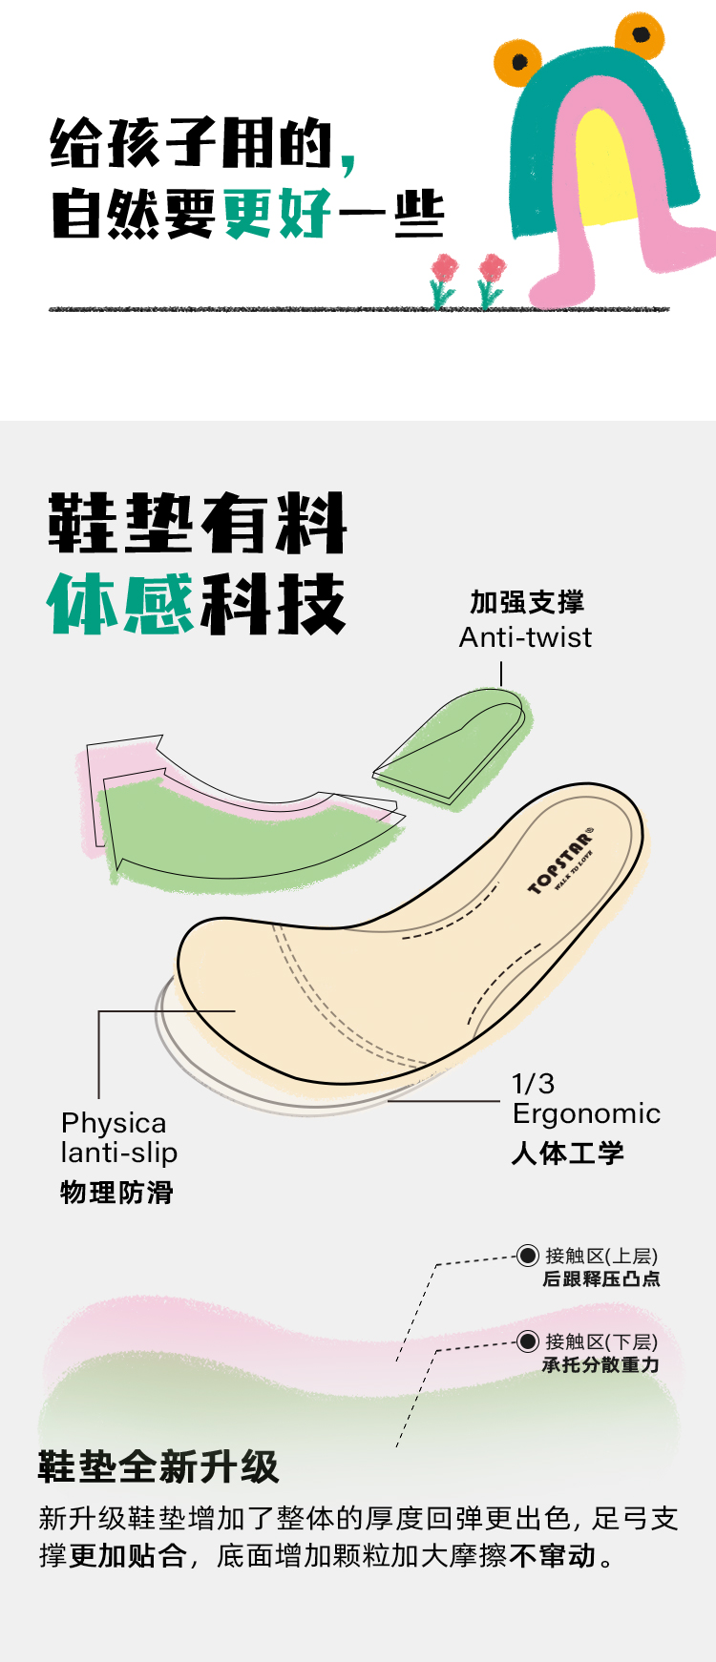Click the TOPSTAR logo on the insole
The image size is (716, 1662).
click(x=561, y=862)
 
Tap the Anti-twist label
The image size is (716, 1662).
click(x=525, y=637)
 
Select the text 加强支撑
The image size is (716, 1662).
click(x=527, y=602)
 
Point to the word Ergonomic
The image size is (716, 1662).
click(x=586, y=1113)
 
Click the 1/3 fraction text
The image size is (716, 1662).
click(x=533, y=1084)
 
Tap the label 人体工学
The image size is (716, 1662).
click(x=568, y=1153)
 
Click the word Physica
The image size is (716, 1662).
click(x=114, y=1123)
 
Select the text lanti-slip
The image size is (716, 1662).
click(x=119, y=1153)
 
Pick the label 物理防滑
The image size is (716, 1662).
click(x=117, y=1193)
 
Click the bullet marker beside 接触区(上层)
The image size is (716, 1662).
click(x=527, y=1256)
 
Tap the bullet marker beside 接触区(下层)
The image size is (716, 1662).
click(x=527, y=1341)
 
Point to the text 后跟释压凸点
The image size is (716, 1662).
click(x=601, y=1279)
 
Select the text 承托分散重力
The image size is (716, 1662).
click(x=601, y=1365)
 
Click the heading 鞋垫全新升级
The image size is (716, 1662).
click(x=158, y=1466)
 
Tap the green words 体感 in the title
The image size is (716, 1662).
click(x=120, y=604)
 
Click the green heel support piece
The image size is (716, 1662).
click(x=453, y=749)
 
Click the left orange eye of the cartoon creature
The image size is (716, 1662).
click(x=518, y=62)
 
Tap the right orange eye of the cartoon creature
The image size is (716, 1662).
click(x=641, y=34)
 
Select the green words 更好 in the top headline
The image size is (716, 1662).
click(x=278, y=213)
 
